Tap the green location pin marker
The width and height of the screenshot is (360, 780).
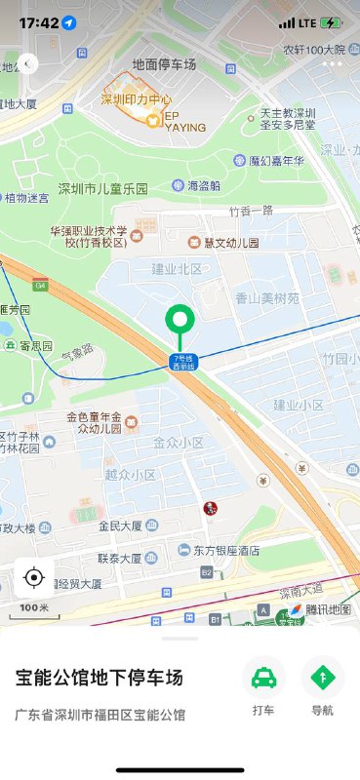click(179, 320)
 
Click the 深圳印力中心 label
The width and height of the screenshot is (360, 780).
click(137, 99)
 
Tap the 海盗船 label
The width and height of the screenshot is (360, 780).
click(203, 185)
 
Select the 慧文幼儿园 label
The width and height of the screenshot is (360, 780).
click(230, 242)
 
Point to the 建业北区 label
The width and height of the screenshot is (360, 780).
click(176, 268)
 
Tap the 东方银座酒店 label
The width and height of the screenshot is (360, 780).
click(225, 550)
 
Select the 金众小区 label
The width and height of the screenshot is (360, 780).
click(178, 442)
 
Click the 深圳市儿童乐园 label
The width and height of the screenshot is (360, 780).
click(102, 189)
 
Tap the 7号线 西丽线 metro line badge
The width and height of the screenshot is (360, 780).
click(183, 362)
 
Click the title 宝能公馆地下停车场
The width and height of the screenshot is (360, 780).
click(100, 677)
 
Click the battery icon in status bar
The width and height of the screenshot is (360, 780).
click(332, 22)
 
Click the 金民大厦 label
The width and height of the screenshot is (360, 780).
click(120, 526)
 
